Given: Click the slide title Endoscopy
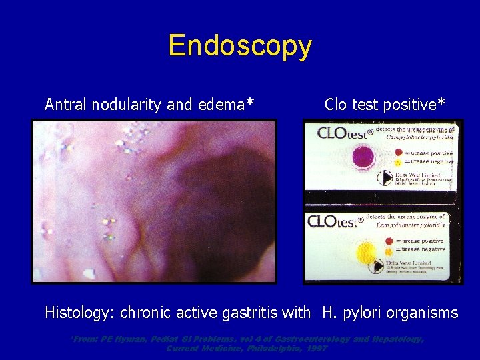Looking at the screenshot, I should (x=240, y=46).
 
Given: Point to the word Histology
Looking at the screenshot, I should (x=79, y=312).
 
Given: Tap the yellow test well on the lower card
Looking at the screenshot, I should (x=366, y=253).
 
